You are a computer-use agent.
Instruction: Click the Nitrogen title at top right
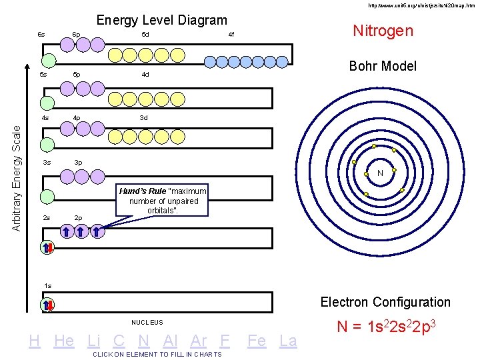pyautogui.click(x=383, y=31)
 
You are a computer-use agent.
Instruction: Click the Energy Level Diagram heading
pyautogui.click(x=162, y=21)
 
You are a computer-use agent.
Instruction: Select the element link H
pyautogui.click(x=35, y=341)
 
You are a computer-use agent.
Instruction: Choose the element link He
pyautogui.click(x=63, y=341)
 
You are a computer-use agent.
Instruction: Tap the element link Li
pyautogui.click(x=94, y=341)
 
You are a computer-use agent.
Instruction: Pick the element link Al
pyautogui.click(x=170, y=341)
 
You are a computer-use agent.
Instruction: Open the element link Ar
pyautogui.click(x=198, y=341)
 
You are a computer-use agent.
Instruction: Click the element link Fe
pyautogui.click(x=257, y=341)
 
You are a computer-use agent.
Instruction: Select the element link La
pyautogui.click(x=288, y=341)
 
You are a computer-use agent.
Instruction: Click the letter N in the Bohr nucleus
pyautogui.click(x=379, y=173)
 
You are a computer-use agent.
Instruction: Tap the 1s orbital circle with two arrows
pyautogui.click(x=47, y=305)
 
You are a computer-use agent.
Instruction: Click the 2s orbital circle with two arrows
pyautogui.click(x=47, y=247)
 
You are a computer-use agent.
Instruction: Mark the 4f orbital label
pyautogui.click(x=231, y=34)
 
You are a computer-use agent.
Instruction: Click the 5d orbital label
pyautogui.click(x=145, y=34)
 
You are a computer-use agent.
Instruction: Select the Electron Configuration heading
pyautogui.click(x=385, y=302)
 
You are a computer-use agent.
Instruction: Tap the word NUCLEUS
pyautogui.click(x=147, y=323)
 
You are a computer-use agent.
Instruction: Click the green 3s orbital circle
pyautogui.click(x=47, y=197)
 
